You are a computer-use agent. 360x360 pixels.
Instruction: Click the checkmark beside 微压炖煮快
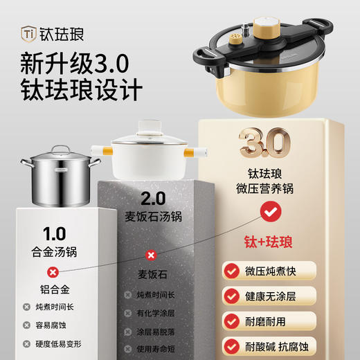click(x=231, y=270)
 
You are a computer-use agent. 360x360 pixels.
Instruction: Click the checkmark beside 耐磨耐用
click(x=231, y=321)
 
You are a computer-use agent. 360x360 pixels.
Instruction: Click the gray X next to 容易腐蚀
click(x=26, y=325)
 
